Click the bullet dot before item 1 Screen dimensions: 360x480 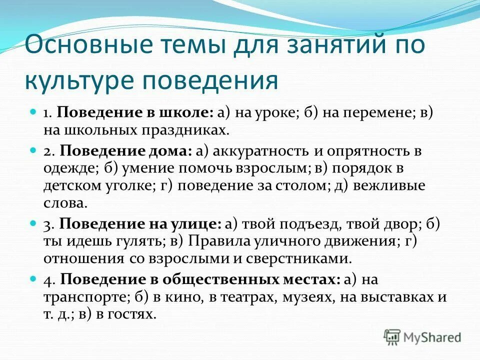(x=34, y=112)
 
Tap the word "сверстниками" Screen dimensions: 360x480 (x=300, y=258)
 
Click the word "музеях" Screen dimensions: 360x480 (x=311, y=296)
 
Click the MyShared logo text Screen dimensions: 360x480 (x=433, y=337)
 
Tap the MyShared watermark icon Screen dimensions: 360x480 (x=392, y=337)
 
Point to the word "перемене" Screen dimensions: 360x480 (x=366, y=113)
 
